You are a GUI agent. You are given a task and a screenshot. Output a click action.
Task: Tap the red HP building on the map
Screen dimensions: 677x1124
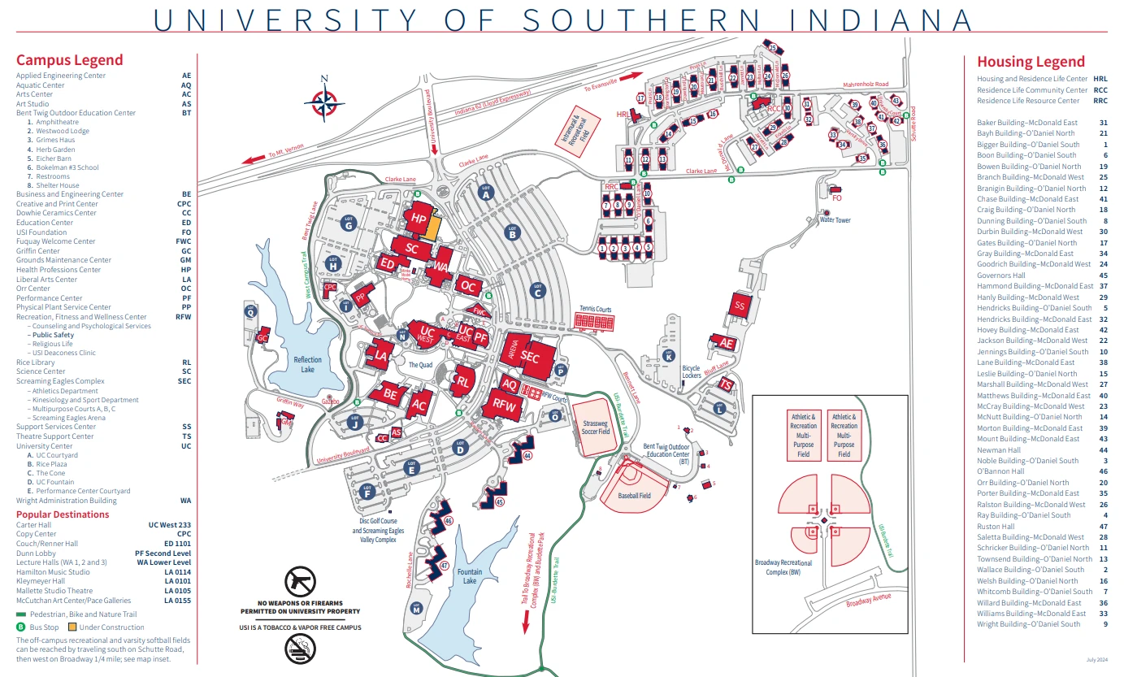(419, 219)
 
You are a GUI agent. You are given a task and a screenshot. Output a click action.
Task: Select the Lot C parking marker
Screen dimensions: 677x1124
(536, 289)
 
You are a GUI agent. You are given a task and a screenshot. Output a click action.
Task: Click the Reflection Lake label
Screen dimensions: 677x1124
(308, 364)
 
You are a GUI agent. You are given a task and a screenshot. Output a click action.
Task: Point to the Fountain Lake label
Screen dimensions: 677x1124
(470, 576)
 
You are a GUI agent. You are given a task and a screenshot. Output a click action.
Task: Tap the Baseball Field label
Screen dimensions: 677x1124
(634, 495)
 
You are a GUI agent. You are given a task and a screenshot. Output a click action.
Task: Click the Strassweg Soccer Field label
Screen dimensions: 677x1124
(592, 427)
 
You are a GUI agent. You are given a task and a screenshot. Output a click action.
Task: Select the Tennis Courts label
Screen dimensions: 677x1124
(595, 310)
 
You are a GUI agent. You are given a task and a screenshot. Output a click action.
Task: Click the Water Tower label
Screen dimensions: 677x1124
(835, 219)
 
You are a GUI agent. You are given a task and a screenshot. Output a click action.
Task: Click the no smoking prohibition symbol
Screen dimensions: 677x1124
(299, 648)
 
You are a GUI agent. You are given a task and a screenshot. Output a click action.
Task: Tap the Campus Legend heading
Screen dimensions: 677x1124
(70, 60)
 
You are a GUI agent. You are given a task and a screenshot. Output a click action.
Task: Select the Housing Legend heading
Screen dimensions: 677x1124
(1031, 62)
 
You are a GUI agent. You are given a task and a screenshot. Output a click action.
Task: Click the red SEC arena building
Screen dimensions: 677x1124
(530, 356)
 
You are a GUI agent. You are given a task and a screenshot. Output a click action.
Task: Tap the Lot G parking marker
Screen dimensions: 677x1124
(349, 225)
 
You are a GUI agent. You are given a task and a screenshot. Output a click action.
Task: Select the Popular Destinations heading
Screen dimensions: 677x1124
(63, 514)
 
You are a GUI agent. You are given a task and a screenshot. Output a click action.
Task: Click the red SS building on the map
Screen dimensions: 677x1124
(739, 306)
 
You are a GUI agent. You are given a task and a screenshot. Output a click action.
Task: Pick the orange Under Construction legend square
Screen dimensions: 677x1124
(72, 627)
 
